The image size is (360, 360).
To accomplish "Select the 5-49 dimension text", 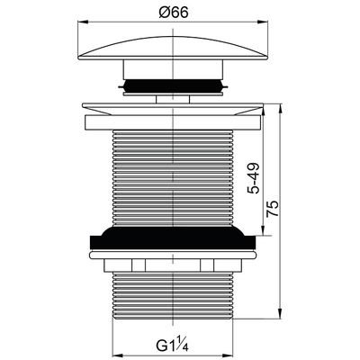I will point(254,179).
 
